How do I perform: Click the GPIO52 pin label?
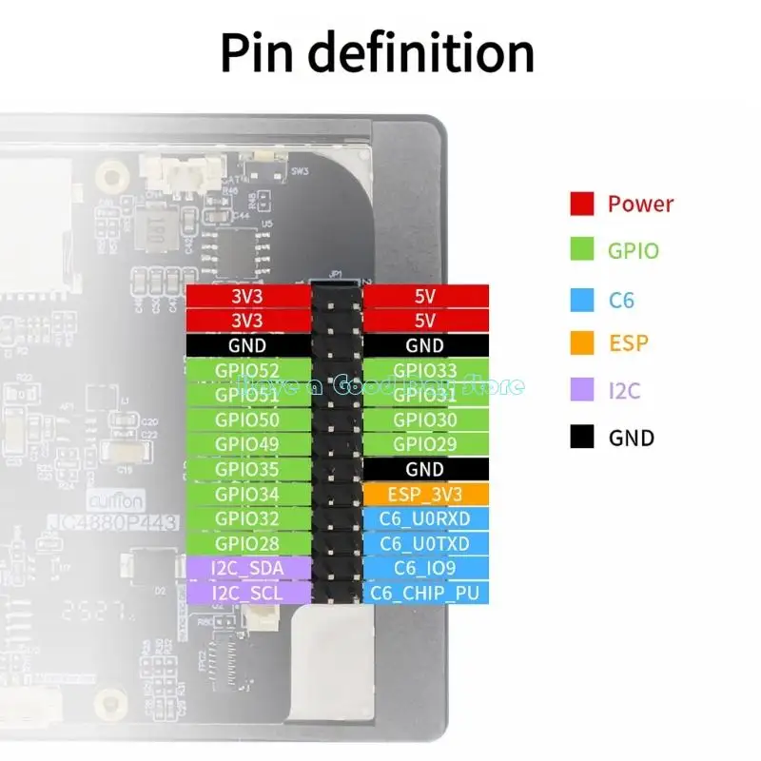[x=248, y=370]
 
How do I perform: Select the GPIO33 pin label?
[x=425, y=370]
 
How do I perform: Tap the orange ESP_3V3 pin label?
[x=425, y=494]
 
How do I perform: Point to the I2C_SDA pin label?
[x=248, y=568]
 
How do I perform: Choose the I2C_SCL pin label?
[x=248, y=593]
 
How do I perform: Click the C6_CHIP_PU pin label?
[x=425, y=593]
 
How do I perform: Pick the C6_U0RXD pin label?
[x=425, y=518]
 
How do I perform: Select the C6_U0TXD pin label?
[x=425, y=543]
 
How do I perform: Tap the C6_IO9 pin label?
[x=425, y=568]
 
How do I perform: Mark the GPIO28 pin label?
[x=248, y=543]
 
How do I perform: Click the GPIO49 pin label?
[x=248, y=444]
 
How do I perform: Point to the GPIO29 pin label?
[x=425, y=444]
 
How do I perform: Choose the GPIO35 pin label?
[x=248, y=469]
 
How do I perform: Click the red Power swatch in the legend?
[x=582, y=204]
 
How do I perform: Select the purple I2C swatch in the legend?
[x=582, y=390]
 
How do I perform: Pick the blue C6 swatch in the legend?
[x=582, y=301]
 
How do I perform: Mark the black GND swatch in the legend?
[x=582, y=438]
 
